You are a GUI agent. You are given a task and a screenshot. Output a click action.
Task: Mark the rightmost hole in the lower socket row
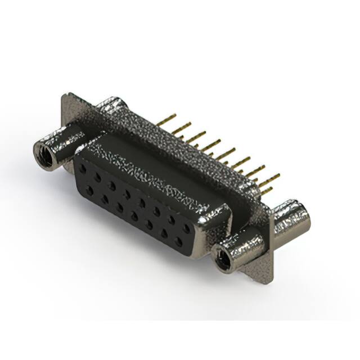coord(178,242)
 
